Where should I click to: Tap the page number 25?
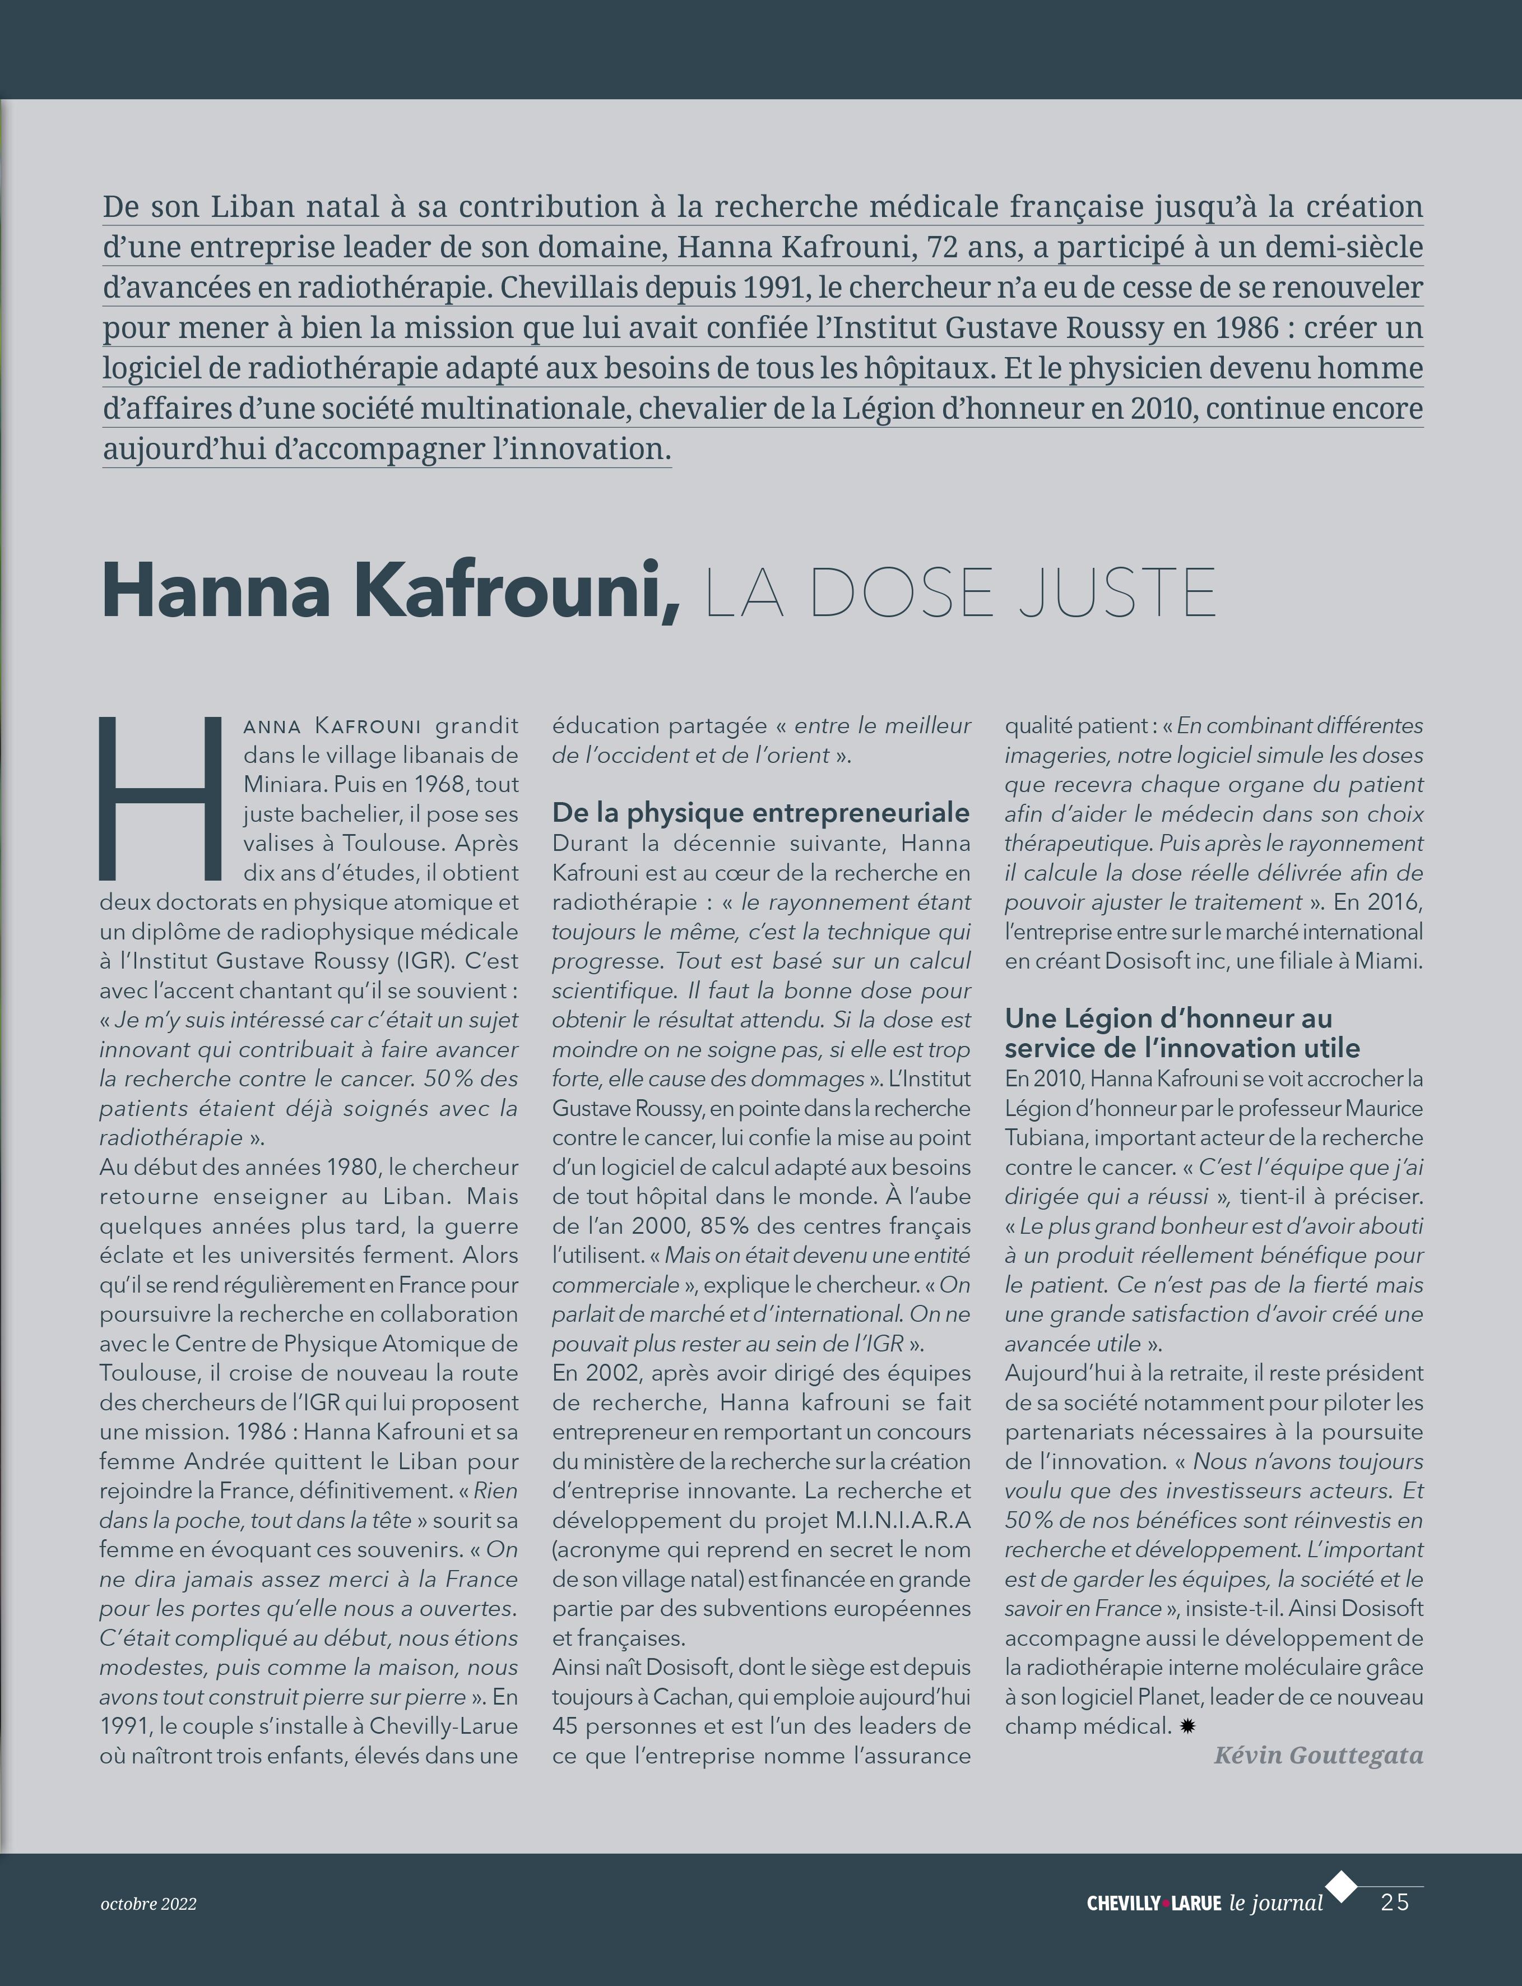coord(1394,1902)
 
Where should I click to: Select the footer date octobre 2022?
coord(148,1904)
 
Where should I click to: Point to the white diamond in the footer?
coord(1342,1886)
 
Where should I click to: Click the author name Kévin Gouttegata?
coord(1318,1756)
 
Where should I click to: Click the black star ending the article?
coord(1187,1727)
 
